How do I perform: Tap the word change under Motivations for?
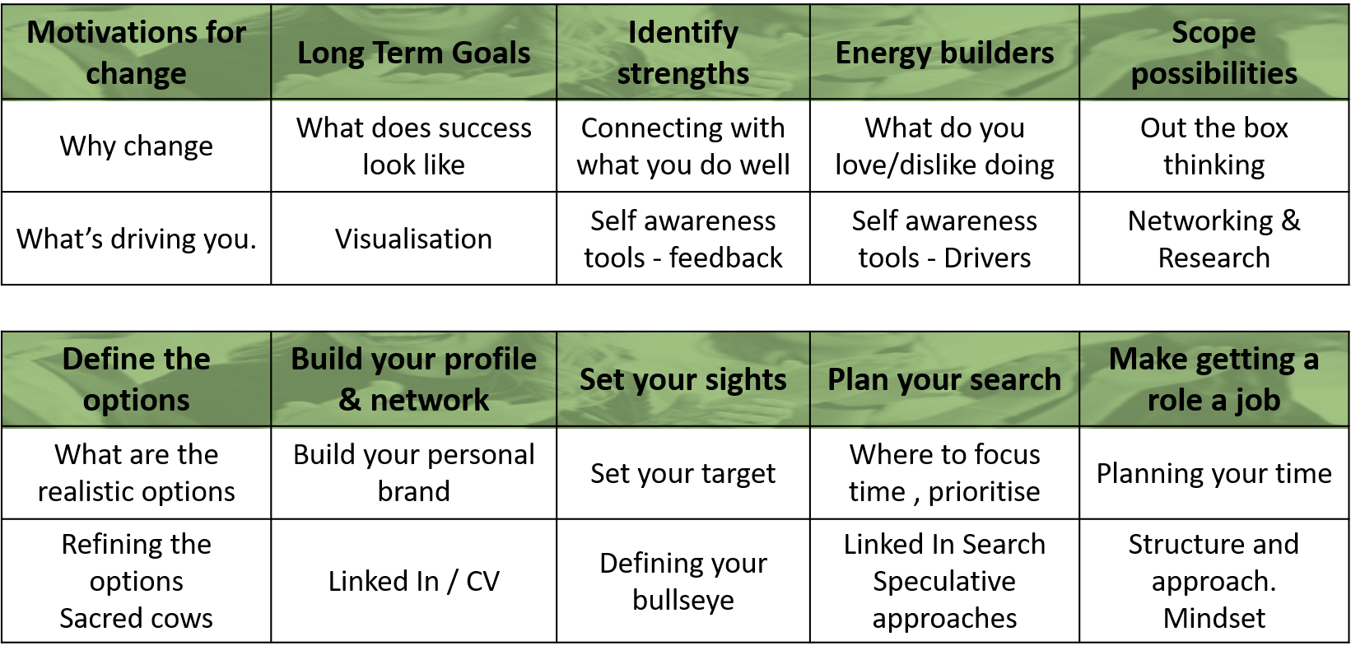click(137, 74)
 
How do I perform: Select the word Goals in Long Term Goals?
click(491, 53)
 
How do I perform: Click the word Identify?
click(683, 33)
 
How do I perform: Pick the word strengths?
click(683, 74)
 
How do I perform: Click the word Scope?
click(1214, 33)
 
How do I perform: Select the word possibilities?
click(1214, 74)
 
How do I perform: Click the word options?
click(137, 401)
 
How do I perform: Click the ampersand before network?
click(350, 401)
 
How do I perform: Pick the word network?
click(430, 401)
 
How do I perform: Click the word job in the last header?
click(1257, 401)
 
